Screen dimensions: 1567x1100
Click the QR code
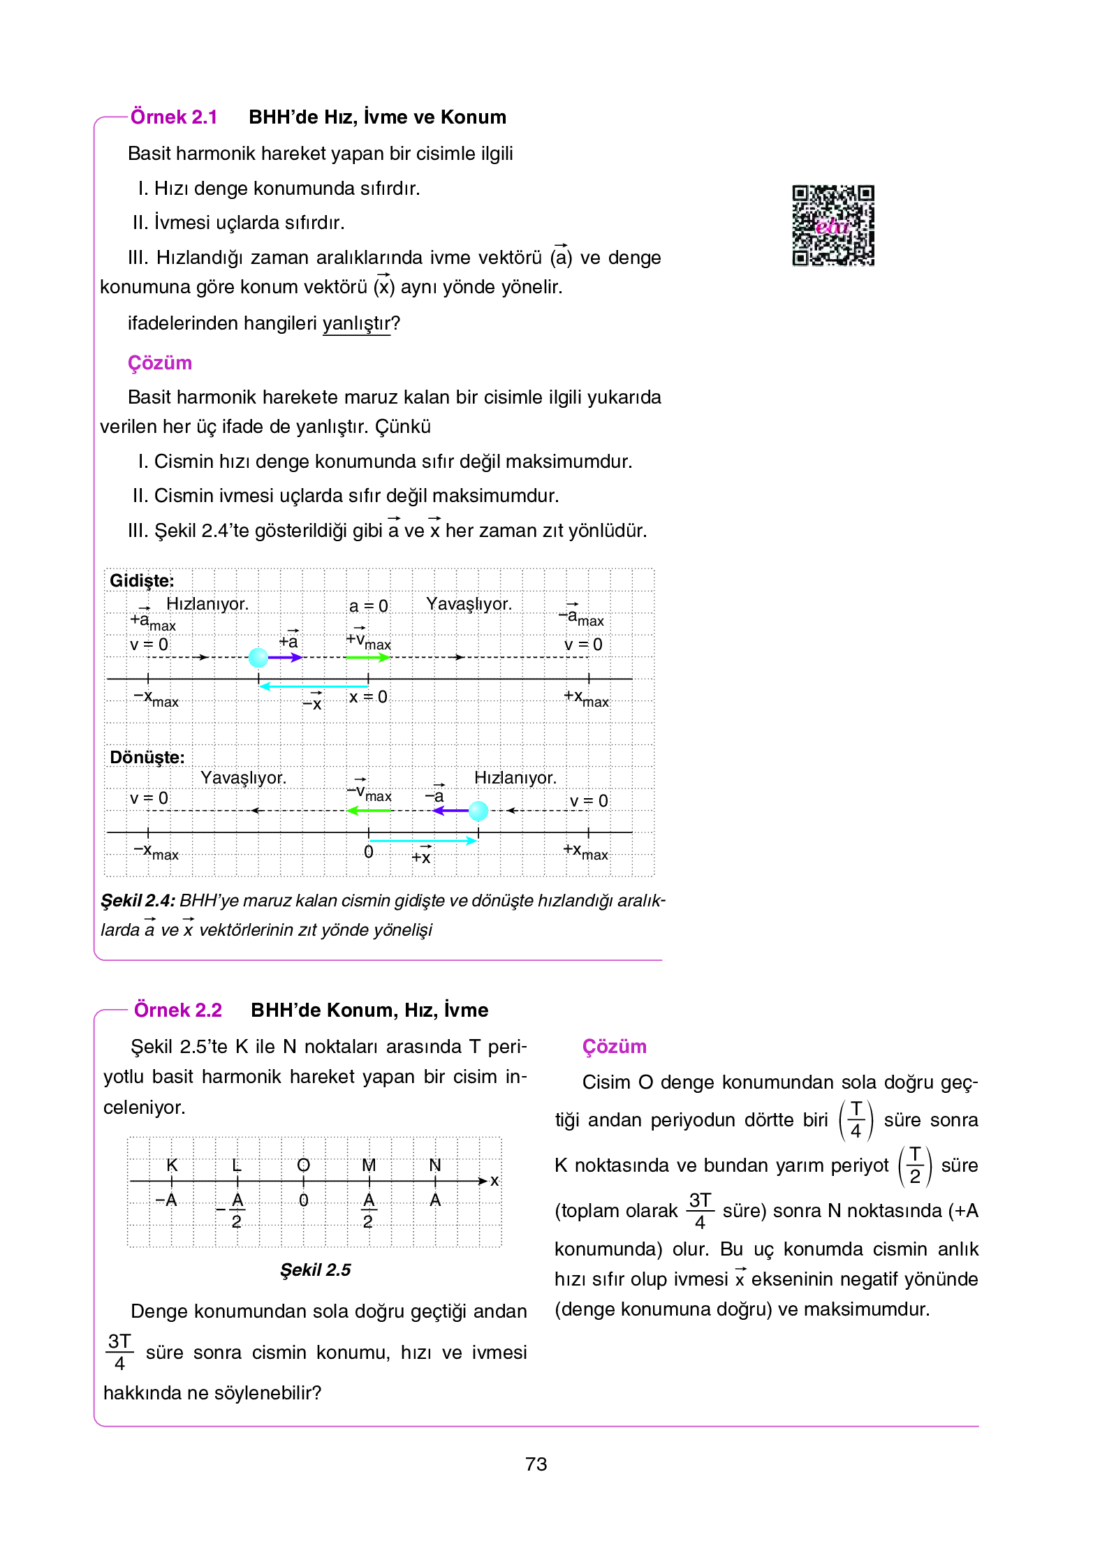(833, 225)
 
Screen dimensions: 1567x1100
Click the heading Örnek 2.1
(174, 117)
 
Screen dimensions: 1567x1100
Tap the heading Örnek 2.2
(178, 1010)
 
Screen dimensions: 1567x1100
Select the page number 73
(536, 1464)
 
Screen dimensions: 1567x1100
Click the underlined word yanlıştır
(356, 323)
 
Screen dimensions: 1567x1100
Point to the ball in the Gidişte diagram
(258, 657)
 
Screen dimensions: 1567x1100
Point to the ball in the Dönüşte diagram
(478, 811)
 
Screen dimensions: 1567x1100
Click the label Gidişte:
(142, 580)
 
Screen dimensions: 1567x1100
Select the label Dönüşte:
(147, 757)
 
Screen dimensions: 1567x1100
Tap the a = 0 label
(368, 605)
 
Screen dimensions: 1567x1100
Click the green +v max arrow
(368, 657)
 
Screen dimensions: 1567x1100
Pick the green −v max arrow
(369, 811)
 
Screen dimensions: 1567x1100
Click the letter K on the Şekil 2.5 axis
(172, 1165)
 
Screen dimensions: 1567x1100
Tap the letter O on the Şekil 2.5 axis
(303, 1165)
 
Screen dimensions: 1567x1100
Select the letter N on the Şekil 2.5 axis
(435, 1165)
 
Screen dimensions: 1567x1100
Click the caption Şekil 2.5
(315, 1270)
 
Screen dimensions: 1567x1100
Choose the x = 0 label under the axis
(368, 697)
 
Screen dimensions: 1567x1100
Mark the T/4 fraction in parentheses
(856, 1120)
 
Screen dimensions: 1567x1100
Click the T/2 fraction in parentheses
(915, 1165)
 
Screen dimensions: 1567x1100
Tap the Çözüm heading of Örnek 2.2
(615, 1046)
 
